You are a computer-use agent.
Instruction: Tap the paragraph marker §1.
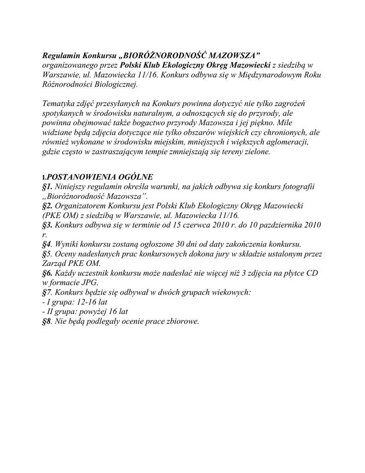pos(47,187)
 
